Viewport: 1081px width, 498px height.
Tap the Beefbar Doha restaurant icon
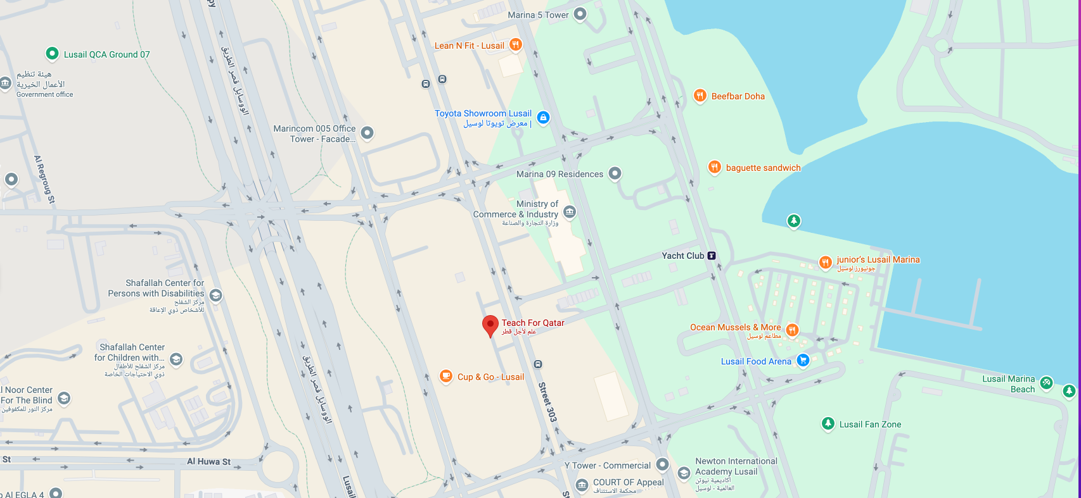pos(700,96)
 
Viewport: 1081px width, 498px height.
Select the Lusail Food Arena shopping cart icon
pos(803,361)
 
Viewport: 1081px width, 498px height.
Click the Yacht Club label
pos(682,256)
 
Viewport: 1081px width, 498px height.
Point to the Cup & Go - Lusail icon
pos(446,377)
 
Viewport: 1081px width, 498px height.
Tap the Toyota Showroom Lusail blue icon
pos(543,117)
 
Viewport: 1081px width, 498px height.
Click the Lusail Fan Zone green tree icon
pos(828,423)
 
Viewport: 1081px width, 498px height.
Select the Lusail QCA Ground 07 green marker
pos(53,54)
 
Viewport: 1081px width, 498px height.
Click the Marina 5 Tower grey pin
pos(580,14)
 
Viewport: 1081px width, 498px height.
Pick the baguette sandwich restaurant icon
pos(714,167)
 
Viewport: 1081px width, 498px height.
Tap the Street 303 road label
pos(547,402)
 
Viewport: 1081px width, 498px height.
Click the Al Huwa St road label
pos(208,461)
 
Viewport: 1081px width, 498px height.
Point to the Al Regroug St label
pos(44,180)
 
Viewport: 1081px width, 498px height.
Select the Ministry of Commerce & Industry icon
pos(570,212)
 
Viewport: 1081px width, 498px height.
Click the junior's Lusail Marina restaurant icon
pos(825,262)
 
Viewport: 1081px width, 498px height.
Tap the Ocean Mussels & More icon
pos(791,329)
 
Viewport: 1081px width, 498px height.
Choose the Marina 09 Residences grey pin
pos(615,173)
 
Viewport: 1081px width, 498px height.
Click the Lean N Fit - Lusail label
pos(469,46)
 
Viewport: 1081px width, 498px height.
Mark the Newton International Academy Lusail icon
pos(684,473)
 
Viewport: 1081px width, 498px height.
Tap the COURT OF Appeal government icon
pos(582,485)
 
